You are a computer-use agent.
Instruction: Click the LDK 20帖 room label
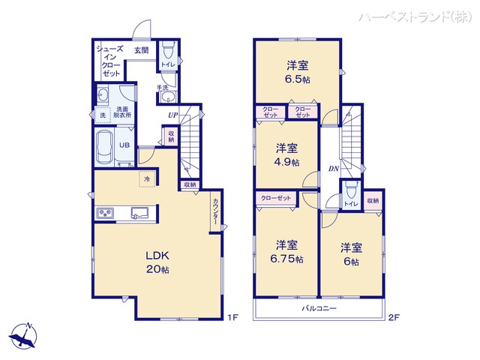coord(157,262)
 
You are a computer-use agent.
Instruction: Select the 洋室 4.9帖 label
coord(286,154)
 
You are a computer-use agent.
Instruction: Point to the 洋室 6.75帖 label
coord(288,252)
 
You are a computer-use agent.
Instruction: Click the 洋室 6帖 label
coord(351,254)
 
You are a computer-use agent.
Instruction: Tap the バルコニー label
coord(319,309)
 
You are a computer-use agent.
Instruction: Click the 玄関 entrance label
coord(142,50)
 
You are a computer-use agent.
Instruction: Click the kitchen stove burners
coord(105,214)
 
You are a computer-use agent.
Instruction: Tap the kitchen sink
coord(140,213)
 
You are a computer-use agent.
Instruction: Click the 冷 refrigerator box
coord(147,179)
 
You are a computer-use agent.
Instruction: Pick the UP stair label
coord(173,115)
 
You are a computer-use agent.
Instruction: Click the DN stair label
coord(333,169)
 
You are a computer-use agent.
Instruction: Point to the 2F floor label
coord(394,318)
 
